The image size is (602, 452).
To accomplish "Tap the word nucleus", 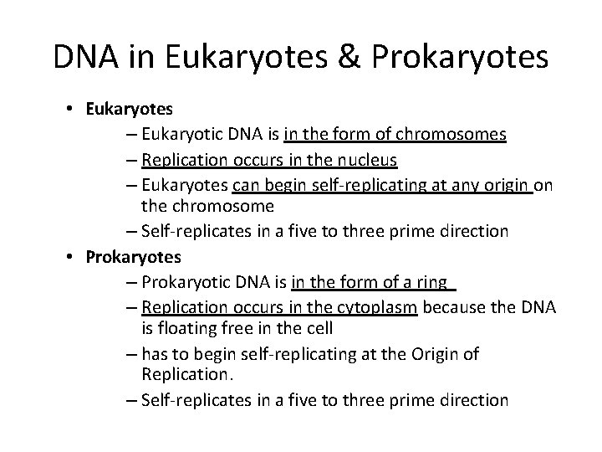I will pyautogui.click(x=365, y=161).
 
